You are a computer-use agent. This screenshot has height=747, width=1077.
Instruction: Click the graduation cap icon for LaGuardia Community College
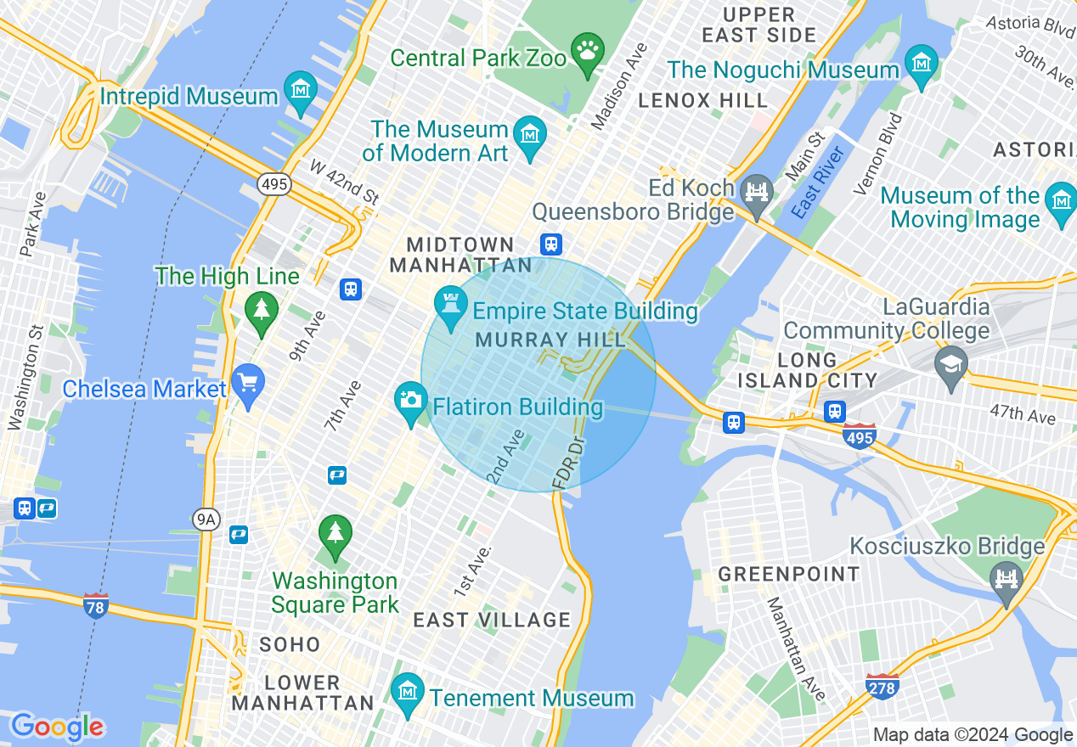pyautogui.click(x=950, y=365)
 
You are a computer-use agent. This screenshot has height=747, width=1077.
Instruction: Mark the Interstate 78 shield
pyautogui.click(x=96, y=606)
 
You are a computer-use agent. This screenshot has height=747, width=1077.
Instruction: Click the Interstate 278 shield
pyautogui.click(x=882, y=686)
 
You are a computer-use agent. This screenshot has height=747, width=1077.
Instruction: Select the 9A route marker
pyautogui.click(x=206, y=520)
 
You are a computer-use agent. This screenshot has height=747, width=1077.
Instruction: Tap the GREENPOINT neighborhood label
pyautogui.click(x=789, y=574)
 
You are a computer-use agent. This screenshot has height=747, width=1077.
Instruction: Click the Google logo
pyautogui.click(x=57, y=727)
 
